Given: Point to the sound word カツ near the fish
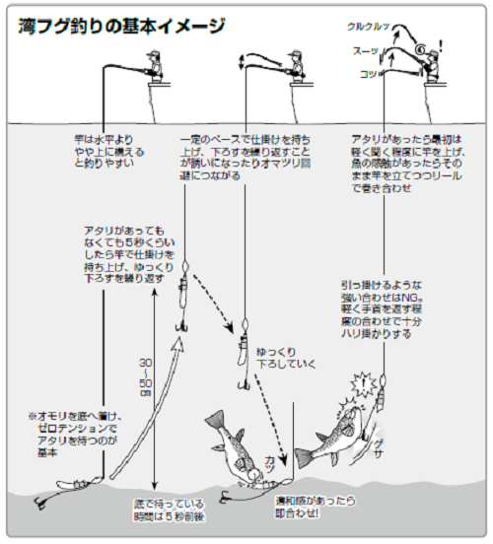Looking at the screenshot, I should [x=270, y=460].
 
